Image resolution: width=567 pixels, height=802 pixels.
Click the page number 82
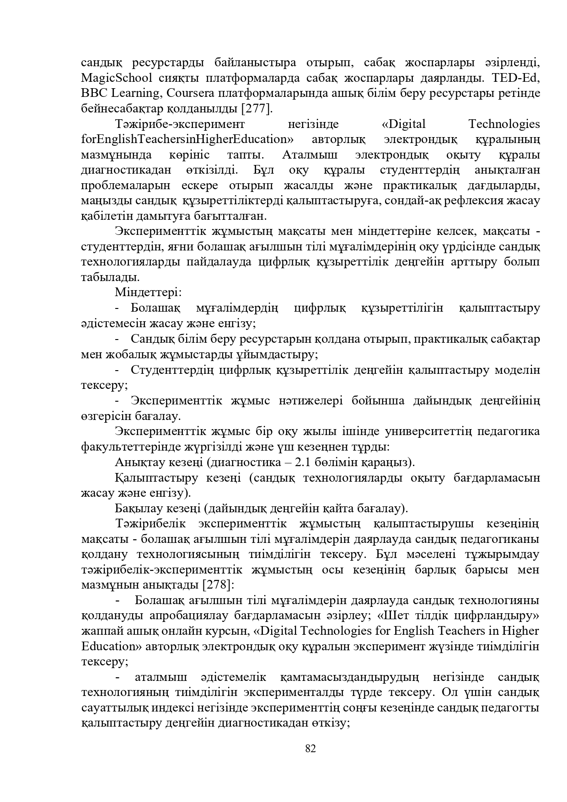click(310, 749)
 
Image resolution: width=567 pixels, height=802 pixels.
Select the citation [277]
click(257, 109)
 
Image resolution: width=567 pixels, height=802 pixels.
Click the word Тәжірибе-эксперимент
click(180, 124)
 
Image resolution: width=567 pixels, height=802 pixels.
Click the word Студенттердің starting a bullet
click(172, 370)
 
